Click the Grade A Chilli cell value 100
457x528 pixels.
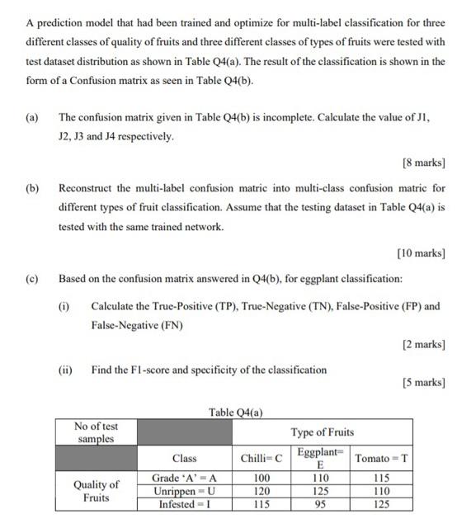(x=261, y=478)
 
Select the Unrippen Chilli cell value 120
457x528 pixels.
(x=261, y=490)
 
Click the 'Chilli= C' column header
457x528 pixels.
(x=261, y=458)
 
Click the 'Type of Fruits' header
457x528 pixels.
(x=322, y=431)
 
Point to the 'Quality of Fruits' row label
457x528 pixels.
(x=96, y=491)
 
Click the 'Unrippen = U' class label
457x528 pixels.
(x=184, y=490)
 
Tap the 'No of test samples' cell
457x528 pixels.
(x=96, y=431)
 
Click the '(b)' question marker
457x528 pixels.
(x=32, y=188)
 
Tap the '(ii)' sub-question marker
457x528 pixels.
(x=65, y=370)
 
